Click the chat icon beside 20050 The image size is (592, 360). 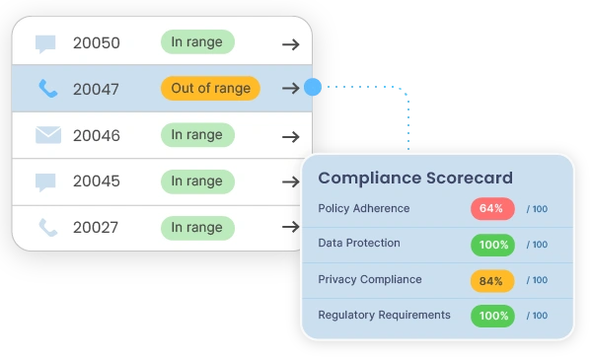[45, 43]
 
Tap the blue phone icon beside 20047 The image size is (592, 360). [48, 89]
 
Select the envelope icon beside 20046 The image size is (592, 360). [48, 135]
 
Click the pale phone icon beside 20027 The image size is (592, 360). [48, 228]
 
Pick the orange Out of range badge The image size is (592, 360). [211, 89]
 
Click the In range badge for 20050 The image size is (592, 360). [197, 41]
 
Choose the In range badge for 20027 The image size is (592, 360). [197, 228]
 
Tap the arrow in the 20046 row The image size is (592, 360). [291, 137]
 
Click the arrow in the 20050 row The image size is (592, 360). [291, 44]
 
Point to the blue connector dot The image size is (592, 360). [313, 87]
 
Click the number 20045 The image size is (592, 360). [97, 181]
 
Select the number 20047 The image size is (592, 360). [96, 90]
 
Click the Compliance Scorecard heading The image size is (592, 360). [415, 179]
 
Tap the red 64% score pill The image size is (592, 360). [492, 209]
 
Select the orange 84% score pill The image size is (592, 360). [492, 281]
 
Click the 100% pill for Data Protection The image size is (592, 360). [492, 245]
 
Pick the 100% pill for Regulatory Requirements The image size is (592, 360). [492, 316]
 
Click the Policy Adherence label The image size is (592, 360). [363, 208]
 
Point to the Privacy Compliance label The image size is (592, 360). [370, 280]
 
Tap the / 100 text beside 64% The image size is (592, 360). [537, 209]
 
